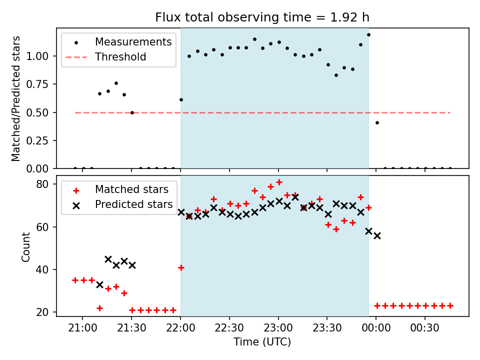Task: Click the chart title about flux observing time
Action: [x=262, y=17]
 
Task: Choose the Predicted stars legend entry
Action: [x=133, y=204]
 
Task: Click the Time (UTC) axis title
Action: [x=262, y=342]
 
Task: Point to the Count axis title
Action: [x=25, y=246]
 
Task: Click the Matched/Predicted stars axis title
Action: [x=16, y=98]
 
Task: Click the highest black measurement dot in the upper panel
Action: [x=368, y=34]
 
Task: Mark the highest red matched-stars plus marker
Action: [x=279, y=182]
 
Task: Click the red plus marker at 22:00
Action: [x=181, y=267]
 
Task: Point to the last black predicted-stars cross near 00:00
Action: [x=377, y=235]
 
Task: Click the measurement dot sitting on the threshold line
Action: [x=132, y=112]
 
